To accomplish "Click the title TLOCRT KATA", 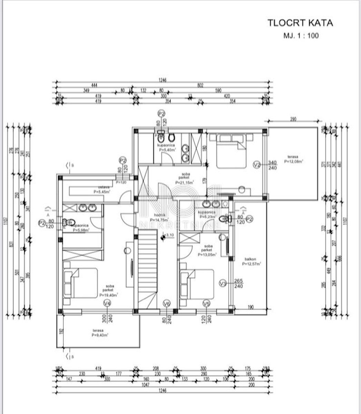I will [x=300, y=23].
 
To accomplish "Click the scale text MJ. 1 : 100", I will [x=301, y=36].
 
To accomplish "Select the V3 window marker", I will [x=223, y=284].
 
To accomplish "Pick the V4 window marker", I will [x=107, y=304].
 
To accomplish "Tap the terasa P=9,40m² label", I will [x=100, y=333].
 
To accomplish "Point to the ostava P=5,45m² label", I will [x=102, y=189].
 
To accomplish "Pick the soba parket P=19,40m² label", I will [x=109, y=290].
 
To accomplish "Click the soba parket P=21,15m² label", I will [x=184, y=178].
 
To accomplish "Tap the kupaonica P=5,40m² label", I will [x=167, y=148].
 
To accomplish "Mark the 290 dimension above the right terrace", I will [x=293, y=120].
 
